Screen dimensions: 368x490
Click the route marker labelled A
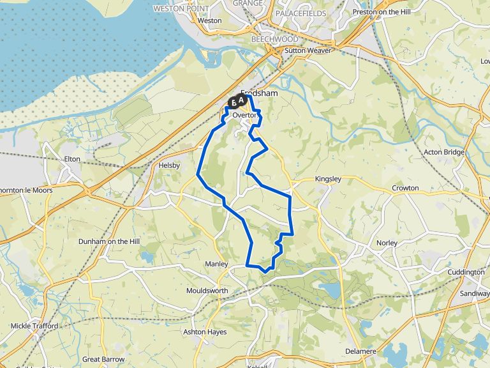(242, 100)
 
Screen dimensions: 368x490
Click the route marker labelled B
(234, 102)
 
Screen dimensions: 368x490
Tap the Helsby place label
(169, 165)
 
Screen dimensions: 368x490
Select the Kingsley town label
(328, 180)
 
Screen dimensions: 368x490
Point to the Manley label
(216, 264)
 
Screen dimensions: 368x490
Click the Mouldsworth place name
(207, 291)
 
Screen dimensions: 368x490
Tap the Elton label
(73, 158)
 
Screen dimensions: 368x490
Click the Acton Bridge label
(445, 152)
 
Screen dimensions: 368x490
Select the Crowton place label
(405, 188)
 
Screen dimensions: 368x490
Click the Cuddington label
(466, 272)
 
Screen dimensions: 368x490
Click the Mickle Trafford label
(34, 326)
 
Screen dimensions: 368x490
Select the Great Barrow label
(103, 359)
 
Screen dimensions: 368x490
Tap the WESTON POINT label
(182, 8)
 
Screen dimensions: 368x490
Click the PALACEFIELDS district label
(301, 13)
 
